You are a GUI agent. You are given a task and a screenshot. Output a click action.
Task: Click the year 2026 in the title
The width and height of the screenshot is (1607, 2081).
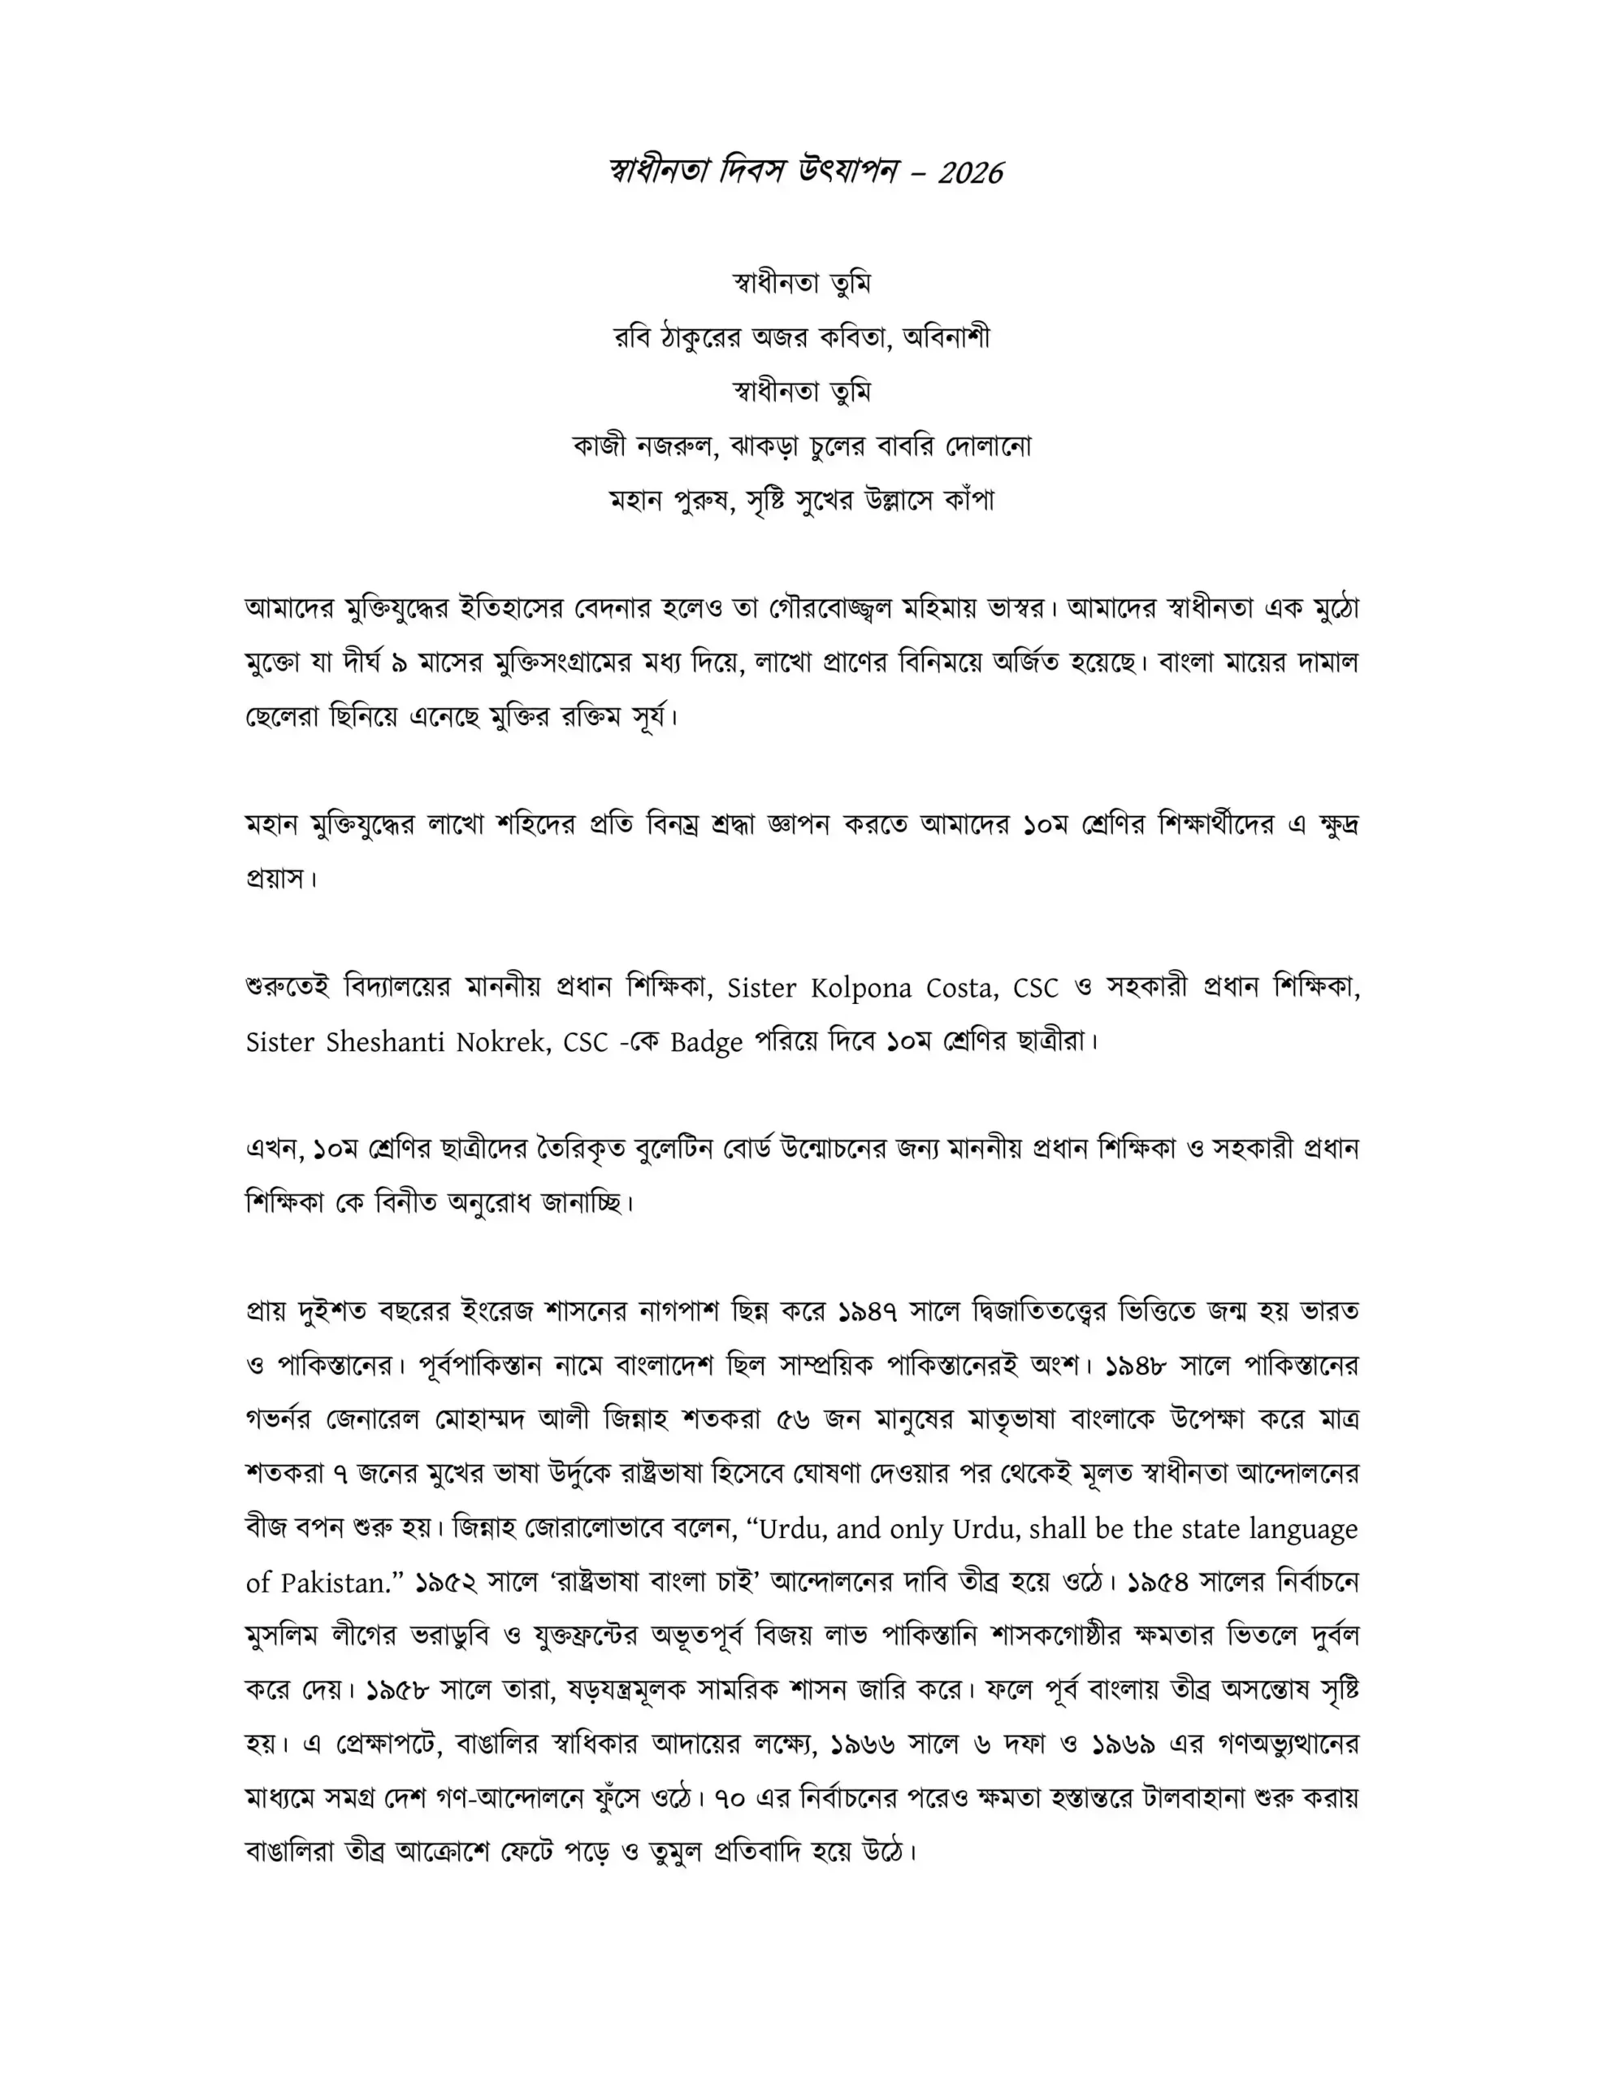pyautogui.click(x=970, y=172)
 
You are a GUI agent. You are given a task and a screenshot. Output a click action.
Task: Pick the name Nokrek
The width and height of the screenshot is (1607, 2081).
pyautogui.click(x=502, y=1041)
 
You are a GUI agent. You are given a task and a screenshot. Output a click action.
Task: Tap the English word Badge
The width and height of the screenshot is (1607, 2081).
pyautogui.click(x=706, y=1042)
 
